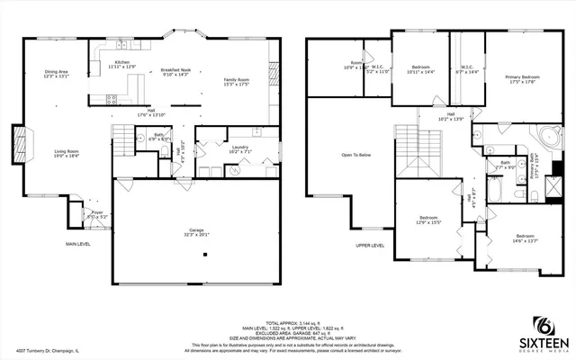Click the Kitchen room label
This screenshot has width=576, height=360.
pyautogui.click(x=121, y=64)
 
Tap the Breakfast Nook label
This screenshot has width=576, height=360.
pyautogui.click(x=175, y=71)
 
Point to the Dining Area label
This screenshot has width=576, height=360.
pyautogui.click(x=57, y=73)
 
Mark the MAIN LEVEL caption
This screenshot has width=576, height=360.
pyautogui.click(x=78, y=244)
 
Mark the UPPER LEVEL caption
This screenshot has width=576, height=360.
pyautogui.click(x=370, y=244)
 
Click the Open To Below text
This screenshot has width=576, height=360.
pyautogui.click(x=356, y=155)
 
